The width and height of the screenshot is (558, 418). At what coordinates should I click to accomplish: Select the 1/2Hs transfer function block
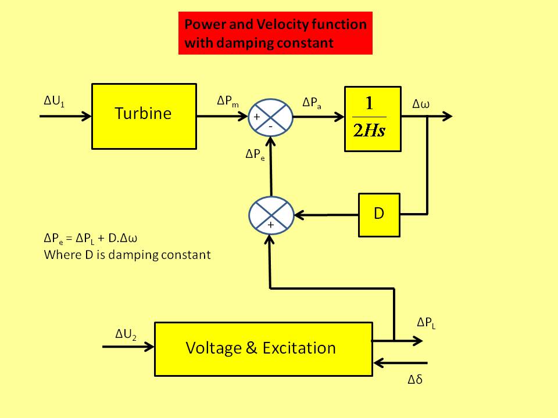pyautogui.click(x=373, y=119)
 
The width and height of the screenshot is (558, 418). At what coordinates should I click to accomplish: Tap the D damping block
pyautogui.click(x=379, y=214)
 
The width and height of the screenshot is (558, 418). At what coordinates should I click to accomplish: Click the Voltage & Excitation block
pyautogui.click(x=263, y=348)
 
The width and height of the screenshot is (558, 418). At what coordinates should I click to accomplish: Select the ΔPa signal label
pyautogui.click(x=312, y=103)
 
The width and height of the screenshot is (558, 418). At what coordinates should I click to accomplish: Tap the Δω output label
pyautogui.click(x=421, y=105)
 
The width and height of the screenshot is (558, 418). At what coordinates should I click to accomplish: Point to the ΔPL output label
pyautogui.click(x=427, y=323)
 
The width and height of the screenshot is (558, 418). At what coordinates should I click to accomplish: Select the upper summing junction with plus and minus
pyautogui.click(x=270, y=117)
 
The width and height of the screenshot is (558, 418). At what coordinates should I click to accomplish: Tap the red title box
pyautogui.click(x=276, y=34)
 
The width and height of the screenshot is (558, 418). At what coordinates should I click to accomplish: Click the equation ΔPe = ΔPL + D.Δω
pyautogui.click(x=95, y=239)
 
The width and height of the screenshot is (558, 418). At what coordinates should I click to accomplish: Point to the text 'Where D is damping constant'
pyautogui.click(x=127, y=254)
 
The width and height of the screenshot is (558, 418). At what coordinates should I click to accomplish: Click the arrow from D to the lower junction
pyautogui.click(x=325, y=215)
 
